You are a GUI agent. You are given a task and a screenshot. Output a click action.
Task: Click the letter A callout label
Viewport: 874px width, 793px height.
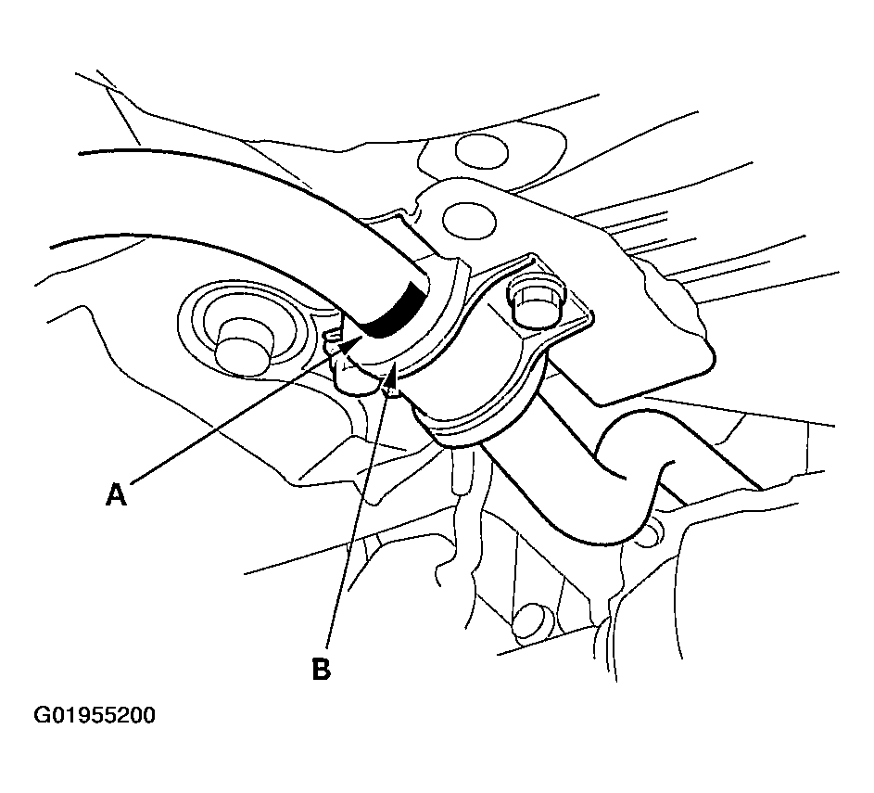point(116,494)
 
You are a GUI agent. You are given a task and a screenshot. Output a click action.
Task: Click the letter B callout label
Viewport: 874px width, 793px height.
point(321,669)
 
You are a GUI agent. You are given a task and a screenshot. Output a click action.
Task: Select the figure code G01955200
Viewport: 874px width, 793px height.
point(95,715)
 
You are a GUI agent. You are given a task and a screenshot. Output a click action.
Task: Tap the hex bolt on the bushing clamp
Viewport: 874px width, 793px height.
point(535,301)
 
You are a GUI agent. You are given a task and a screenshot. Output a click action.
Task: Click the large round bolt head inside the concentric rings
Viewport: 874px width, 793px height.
point(243,346)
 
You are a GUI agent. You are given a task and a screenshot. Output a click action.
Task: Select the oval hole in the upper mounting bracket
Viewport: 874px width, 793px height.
point(469,221)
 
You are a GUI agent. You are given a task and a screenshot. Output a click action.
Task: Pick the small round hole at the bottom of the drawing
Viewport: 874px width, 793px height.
point(528,620)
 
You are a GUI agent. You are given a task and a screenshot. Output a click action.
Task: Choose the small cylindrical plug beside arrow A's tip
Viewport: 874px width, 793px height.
point(351,379)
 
